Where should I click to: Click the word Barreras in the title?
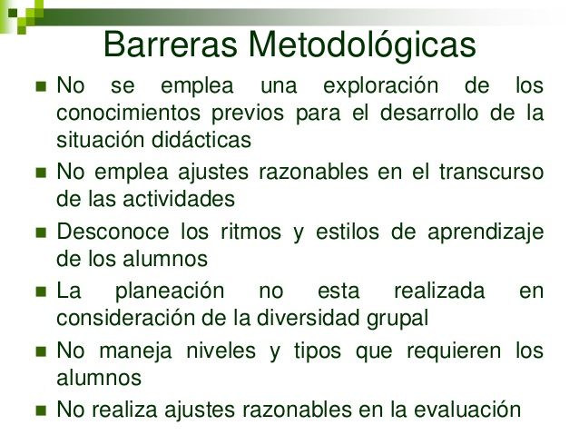(x=172, y=43)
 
